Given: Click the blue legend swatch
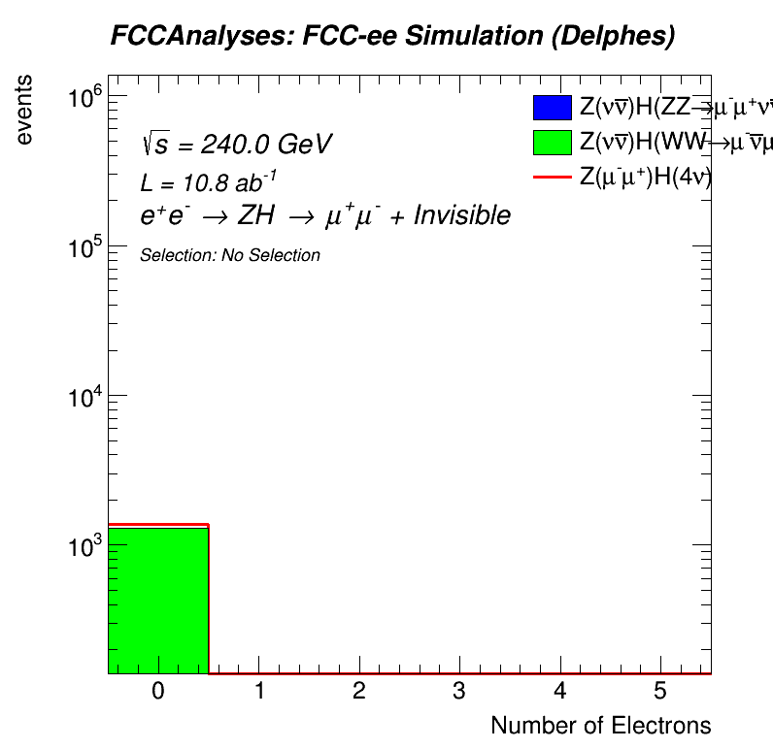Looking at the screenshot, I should click(552, 108).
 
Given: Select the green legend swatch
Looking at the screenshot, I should click(552, 142).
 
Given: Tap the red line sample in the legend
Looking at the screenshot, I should click(552, 177).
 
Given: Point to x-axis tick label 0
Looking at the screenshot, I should click(158, 691).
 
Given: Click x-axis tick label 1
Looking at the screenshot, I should click(258, 691).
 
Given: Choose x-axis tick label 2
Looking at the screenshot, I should click(358, 691).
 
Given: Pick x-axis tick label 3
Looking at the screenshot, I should click(459, 691).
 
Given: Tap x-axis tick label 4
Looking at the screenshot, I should click(559, 691).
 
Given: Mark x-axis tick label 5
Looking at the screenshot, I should click(659, 691).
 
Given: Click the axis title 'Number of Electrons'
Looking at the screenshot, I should click(600, 726).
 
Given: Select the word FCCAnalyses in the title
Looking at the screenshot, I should click(184, 37).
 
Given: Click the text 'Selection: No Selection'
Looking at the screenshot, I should click(230, 256).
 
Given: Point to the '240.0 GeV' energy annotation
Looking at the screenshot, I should click(267, 145).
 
